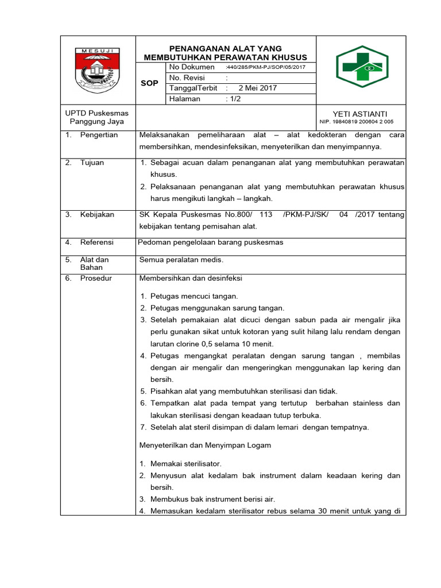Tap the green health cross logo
click(x=362, y=67)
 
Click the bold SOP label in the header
click(x=150, y=83)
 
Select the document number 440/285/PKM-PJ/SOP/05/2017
click(x=266, y=67)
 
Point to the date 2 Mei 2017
click(x=258, y=88)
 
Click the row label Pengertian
click(x=99, y=135)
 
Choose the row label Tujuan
click(x=92, y=163)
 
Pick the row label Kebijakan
click(x=97, y=214)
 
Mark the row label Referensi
click(x=96, y=242)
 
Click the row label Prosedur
click(x=96, y=278)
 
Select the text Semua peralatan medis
click(x=181, y=260)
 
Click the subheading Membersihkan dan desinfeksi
click(x=191, y=278)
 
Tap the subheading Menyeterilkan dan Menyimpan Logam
click(x=205, y=445)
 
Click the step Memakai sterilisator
click(x=186, y=463)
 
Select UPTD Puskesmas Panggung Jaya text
click(x=97, y=117)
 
